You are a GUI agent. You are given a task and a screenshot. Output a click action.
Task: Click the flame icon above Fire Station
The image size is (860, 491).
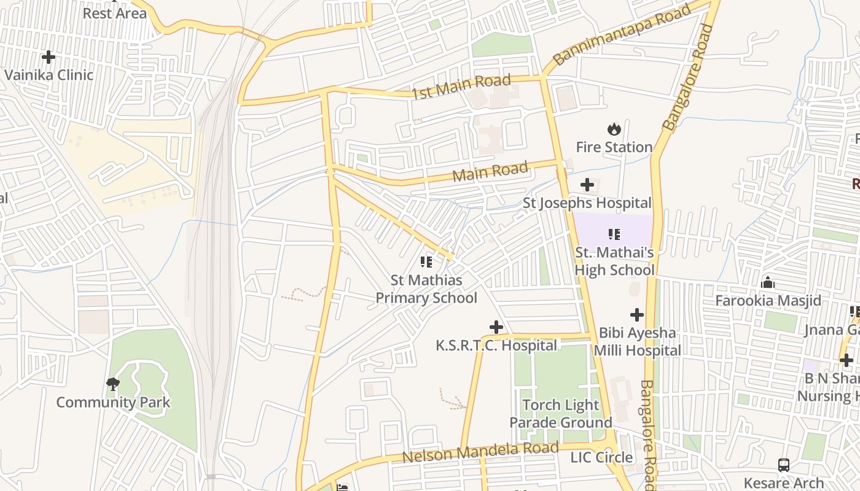614,129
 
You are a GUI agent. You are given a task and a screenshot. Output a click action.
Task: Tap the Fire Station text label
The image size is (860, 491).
614,147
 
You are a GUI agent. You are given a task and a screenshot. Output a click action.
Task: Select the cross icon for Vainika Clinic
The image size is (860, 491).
49,57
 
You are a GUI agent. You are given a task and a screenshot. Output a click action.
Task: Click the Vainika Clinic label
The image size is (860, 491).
49,75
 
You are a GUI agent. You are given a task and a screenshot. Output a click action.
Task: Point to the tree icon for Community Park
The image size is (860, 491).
112,384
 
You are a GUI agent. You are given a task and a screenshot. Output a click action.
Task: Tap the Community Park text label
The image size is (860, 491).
113,403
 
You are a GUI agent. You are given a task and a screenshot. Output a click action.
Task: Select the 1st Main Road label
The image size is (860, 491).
461,87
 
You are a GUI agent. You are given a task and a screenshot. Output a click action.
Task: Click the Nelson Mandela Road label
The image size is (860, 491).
480,453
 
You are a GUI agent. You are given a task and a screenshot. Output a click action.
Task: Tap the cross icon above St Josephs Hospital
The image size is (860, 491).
587,184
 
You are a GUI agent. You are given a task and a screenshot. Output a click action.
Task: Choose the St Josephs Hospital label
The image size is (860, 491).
587,203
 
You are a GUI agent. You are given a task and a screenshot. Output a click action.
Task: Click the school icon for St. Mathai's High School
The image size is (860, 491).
614,234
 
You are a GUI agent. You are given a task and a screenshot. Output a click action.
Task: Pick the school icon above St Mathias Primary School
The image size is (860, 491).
426,262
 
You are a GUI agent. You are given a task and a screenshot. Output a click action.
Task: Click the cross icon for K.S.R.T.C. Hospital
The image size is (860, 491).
496,327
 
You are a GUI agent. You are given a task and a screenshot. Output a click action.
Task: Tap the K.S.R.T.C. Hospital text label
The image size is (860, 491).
496,346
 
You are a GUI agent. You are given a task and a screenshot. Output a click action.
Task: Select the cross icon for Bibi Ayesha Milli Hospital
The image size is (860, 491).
637,315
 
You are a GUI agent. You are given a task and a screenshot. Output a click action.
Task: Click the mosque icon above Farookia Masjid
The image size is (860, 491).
768,282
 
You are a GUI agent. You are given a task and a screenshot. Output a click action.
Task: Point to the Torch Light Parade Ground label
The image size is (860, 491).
560,414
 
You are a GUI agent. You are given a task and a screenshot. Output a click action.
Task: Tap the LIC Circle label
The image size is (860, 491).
601,457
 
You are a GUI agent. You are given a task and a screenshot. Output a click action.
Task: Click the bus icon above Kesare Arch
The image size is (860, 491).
784,465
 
